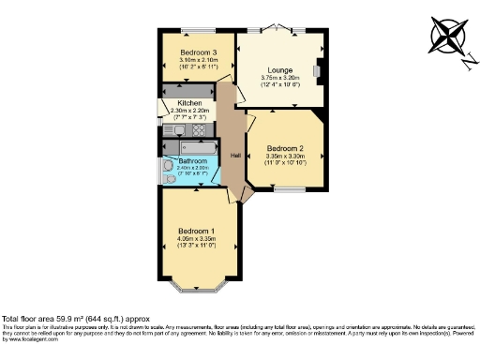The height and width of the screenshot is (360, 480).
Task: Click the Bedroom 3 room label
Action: coord(199,52)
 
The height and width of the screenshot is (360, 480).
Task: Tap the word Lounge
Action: coord(279,70)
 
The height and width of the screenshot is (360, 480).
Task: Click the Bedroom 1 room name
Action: coord(197,231)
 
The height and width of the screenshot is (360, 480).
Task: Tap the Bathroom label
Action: coord(197,161)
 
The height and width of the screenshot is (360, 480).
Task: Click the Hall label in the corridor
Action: coord(236,155)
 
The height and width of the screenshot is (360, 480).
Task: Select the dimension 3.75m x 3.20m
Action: coord(279,79)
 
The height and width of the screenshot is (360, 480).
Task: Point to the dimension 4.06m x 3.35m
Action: coord(197,239)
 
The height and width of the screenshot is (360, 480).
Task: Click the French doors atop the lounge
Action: coord(278,29)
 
